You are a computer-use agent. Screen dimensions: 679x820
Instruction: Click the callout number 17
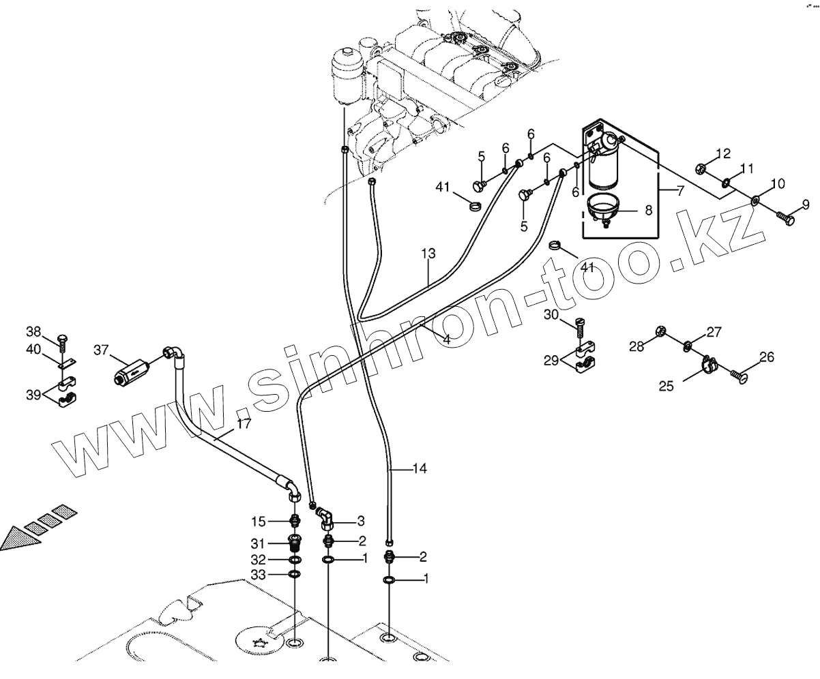click(x=244, y=423)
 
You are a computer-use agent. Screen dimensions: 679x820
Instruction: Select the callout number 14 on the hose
click(x=420, y=469)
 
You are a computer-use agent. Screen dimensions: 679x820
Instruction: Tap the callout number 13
click(x=428, y=254)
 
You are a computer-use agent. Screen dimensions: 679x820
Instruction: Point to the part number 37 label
click(x=102, y=350)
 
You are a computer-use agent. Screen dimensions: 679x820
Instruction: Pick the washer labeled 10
click(x=756, y=200)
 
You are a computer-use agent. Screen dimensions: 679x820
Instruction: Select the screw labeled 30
click(x=581, y=327)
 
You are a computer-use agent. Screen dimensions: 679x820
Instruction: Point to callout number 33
click(x=259, y=575)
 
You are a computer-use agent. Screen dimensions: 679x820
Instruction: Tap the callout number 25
click(x=667, y=386)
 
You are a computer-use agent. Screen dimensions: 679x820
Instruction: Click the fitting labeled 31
click(x=295, y=545)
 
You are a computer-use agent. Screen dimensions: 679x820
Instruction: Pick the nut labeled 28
click(x=660, y=331)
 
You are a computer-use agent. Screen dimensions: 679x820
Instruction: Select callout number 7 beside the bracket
click(x=680, y=191)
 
